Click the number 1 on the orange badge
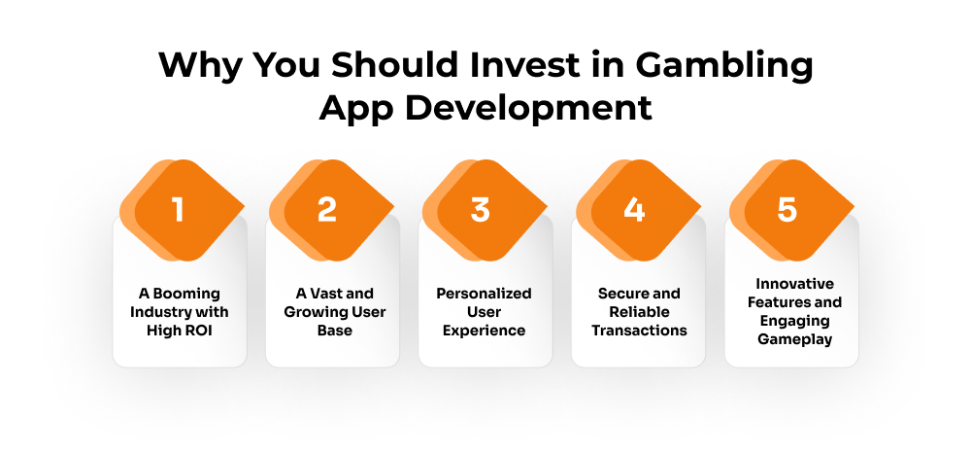tap(178, 210)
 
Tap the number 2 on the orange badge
tap(327, 210)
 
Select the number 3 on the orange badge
tap(481, 210)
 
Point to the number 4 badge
tap(634, 210)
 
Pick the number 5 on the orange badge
tap(787, 210)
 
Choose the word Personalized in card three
tap(484, 294)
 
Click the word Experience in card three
tap(484, 331)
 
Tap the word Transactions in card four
tap(639, 331)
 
